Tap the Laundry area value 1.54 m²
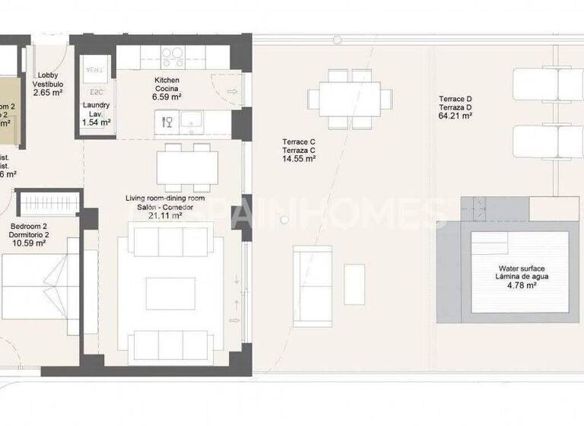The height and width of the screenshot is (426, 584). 97,122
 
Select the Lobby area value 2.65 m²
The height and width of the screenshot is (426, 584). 48,94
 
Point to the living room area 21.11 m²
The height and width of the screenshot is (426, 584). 165,216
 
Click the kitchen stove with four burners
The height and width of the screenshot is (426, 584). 173,57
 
